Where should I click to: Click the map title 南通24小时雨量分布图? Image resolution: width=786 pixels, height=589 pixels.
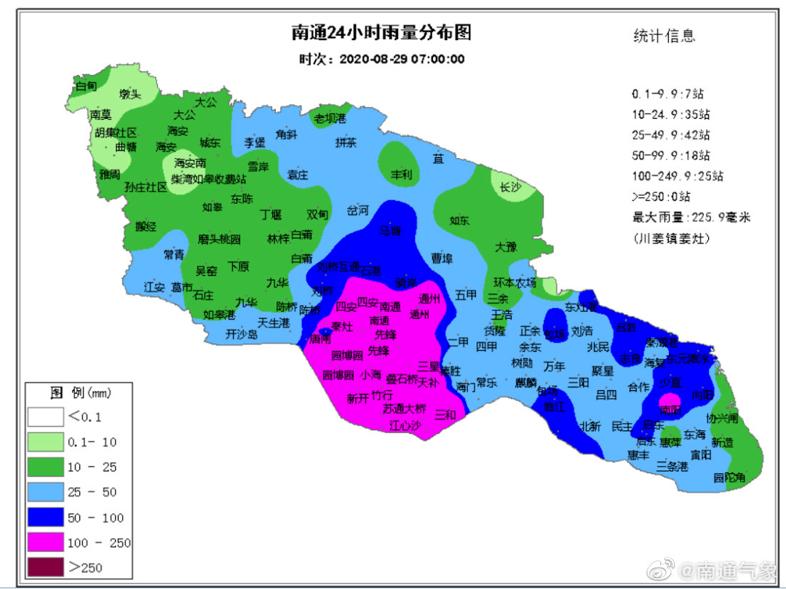381,34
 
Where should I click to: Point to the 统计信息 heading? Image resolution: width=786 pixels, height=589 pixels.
664,36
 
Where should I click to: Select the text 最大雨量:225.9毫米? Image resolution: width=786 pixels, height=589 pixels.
691,217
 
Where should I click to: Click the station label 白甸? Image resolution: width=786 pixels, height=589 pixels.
87,86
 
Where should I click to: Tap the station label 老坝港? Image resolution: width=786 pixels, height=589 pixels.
330,119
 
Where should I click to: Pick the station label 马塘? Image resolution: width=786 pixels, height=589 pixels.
390,231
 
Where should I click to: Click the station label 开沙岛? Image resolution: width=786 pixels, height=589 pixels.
242,335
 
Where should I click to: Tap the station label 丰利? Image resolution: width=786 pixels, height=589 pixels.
401,175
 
